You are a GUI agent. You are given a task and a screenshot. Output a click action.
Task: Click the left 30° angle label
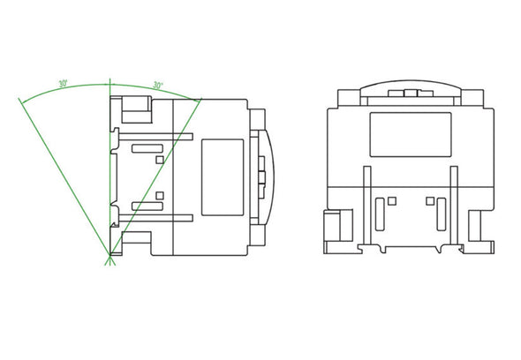(63, 84)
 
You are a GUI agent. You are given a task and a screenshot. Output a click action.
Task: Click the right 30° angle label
(157, 85)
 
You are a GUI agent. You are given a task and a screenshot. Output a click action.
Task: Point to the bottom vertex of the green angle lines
(109, 261)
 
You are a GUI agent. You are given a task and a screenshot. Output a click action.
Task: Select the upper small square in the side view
(159, 160)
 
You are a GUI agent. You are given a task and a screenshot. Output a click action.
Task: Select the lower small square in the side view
(159, 195)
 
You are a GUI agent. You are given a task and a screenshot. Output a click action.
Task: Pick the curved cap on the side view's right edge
(269, 176)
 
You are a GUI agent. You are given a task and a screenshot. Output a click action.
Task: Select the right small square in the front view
(428, 201)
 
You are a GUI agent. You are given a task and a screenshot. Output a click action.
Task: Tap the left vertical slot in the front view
(380, 214)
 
